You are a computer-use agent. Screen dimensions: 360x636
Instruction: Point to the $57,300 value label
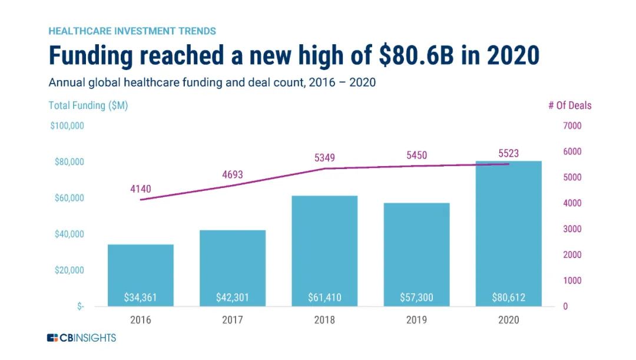point(416,298)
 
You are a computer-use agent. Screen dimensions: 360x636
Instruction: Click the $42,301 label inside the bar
point(233,298)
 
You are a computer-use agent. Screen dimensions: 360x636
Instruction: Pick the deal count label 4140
point(141,189)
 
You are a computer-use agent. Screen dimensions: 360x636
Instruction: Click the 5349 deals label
point(324,158)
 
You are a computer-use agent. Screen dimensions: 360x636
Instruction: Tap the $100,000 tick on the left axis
point(67,125)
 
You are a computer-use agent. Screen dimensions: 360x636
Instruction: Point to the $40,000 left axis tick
point(69,234)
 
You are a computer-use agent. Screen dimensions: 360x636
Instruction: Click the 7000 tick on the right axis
point(573,125)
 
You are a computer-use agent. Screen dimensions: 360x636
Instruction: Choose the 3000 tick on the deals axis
point(573,229)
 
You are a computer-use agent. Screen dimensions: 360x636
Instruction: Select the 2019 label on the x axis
point(416,320)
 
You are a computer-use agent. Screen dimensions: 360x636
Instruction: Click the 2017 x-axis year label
point(233,320)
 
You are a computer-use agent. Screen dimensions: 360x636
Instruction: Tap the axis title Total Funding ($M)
point(88,105)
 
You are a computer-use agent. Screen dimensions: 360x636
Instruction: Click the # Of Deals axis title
point(569,105)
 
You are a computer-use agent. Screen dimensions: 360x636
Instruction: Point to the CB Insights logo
point(82,338)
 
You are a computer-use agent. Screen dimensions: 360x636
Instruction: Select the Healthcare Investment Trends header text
point(132,31)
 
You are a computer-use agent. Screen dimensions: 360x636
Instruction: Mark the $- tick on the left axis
point(80,306)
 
